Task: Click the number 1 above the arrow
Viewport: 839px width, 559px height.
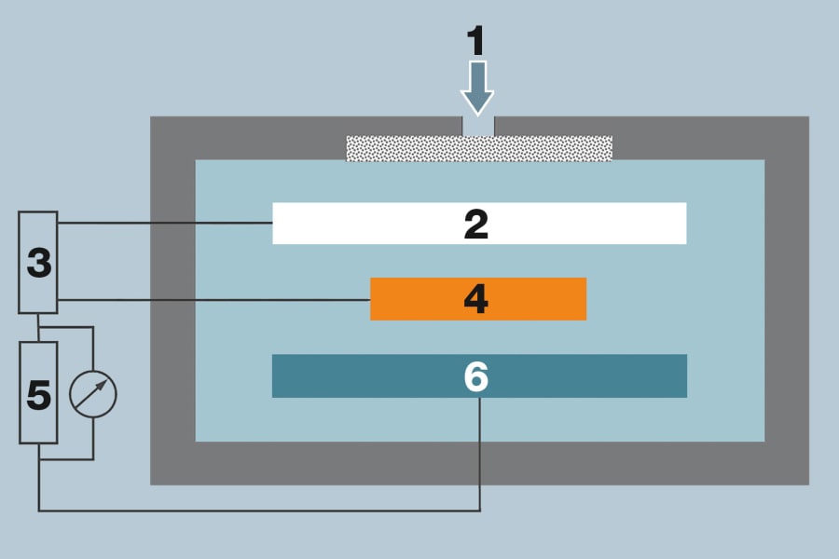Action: (476, 42)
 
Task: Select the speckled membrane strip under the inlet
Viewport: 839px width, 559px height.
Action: (410, 148)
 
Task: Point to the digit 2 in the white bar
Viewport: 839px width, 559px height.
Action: (476, 224)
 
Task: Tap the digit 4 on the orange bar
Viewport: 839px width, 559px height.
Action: (476, 299)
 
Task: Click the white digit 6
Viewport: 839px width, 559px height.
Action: (476, 376)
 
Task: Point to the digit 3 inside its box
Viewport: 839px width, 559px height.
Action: (38, 264)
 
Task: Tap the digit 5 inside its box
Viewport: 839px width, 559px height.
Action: (38, 395)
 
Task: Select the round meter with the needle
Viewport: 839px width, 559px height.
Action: (93, 392)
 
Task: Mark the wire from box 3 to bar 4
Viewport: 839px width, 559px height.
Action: (214, 299)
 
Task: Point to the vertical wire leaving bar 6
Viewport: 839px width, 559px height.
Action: (479, 457)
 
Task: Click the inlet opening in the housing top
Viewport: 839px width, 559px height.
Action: (478, 126)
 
